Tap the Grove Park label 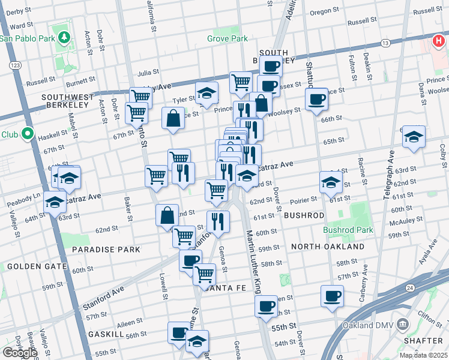coord(227,39)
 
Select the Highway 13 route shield coord(385,43)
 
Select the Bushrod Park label coord(348,230)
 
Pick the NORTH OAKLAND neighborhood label coord(327,247)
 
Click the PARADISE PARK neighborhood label coord(106,249)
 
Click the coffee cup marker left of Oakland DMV coord(332,296)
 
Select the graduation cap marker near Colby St coord(414,137)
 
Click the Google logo coord(19,353)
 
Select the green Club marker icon coord(28,133)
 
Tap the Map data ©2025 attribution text coord(422,355)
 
